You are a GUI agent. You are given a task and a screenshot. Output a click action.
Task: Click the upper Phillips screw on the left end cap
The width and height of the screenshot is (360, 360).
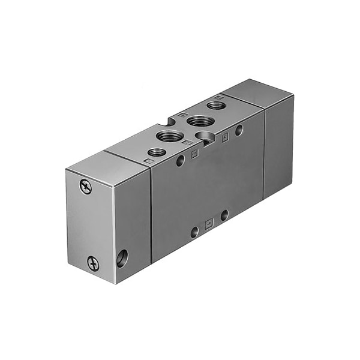point(86,188)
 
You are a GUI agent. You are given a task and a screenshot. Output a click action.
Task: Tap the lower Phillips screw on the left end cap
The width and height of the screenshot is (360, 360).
point(93,262)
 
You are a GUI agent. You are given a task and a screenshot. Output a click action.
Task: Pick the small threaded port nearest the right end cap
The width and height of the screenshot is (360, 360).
point(215,106)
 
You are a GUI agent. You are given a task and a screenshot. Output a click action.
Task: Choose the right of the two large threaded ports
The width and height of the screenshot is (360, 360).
point(196,122)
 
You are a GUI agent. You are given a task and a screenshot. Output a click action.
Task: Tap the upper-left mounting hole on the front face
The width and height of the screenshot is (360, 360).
point(180,160)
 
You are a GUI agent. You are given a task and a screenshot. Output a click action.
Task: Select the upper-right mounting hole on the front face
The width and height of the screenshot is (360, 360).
point(239,129)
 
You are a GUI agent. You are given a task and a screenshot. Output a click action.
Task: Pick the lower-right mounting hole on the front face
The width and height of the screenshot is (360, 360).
point(224,214)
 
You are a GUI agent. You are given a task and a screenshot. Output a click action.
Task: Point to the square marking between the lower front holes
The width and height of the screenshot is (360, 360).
point(208,223)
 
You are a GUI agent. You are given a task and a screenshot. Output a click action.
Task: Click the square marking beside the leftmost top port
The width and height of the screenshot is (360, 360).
point(148,161)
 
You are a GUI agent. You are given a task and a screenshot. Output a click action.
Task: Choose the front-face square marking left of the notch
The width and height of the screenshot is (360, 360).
point(194,154)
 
